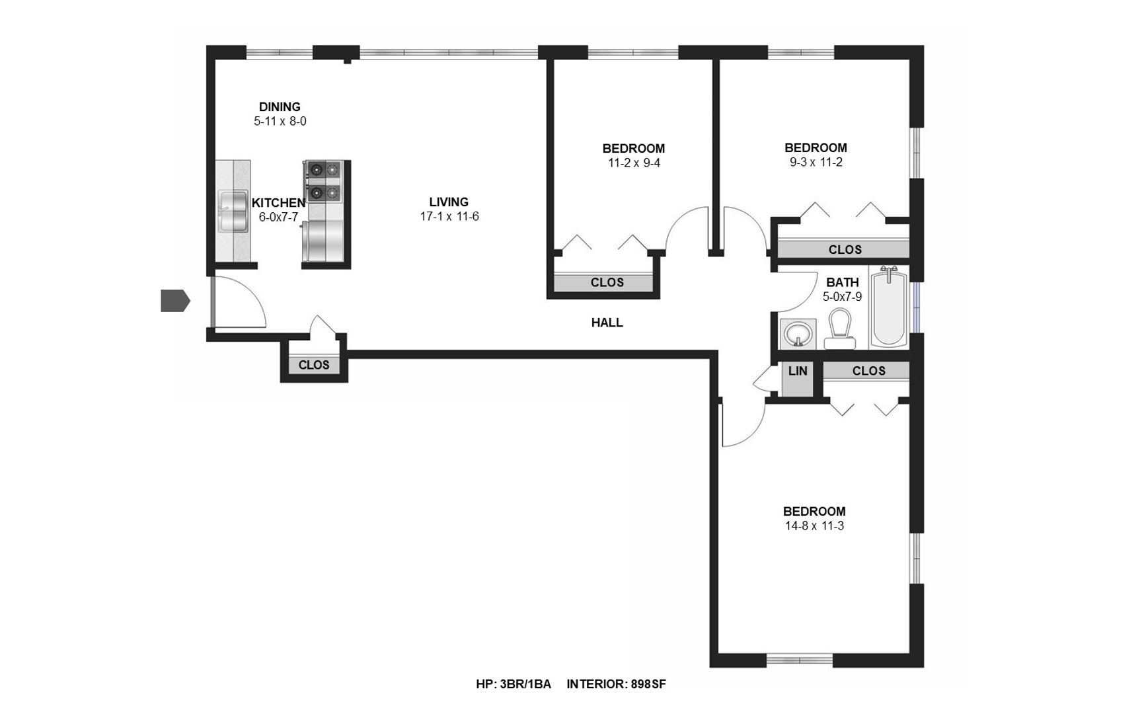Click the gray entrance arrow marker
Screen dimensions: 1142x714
coord(175,301)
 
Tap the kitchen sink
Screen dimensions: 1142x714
coord(233,211)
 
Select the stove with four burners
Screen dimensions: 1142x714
coord(323,180)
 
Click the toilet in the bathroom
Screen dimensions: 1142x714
coord(840,329)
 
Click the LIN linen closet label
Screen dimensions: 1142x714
coord(798,371)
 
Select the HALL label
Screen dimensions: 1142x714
coord(607,323)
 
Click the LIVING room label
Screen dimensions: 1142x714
coord(449,202)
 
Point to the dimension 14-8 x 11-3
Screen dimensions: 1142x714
coord(814,526)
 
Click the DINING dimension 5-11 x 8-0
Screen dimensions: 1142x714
coord(280,122)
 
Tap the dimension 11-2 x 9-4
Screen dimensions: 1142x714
coord(634,163)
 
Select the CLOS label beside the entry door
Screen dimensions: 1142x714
coord(314,365)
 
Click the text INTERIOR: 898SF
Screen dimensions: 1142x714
coord(616,684)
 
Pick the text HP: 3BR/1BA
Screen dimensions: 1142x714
coord(514,684)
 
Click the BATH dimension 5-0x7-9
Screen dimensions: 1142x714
coord(842,297)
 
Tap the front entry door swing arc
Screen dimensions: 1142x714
coord(254,291)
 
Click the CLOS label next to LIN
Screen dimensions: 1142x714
coord(868,371)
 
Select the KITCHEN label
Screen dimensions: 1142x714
coord(278,203)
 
